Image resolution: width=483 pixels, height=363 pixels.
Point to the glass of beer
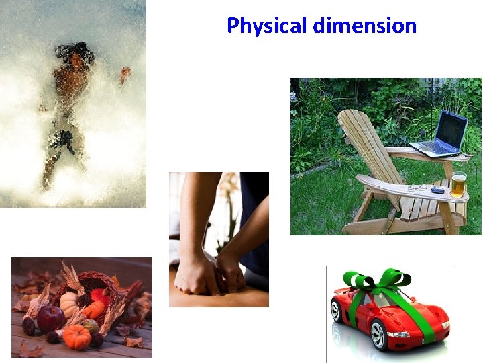(458, 184)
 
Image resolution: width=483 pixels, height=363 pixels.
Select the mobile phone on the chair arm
(437, 190)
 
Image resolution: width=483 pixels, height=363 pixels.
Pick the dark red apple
(51, 317)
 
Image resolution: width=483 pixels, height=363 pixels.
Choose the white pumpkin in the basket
(70, 304)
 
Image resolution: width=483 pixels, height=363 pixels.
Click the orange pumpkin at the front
(78, 336)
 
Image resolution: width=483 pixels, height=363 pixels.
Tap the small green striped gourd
(90, 325)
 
